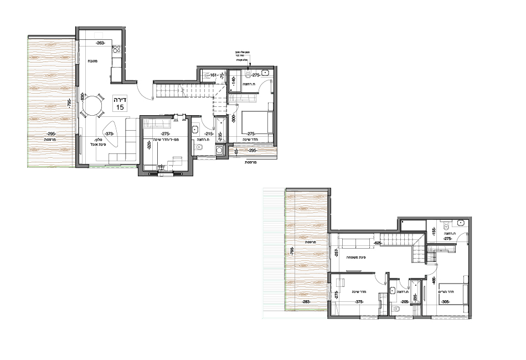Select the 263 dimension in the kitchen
click(100, 43)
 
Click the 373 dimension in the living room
click(109, 133)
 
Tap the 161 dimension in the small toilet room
click(213, 74)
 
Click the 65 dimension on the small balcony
click(236, 151)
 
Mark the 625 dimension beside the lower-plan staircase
click(379, 243)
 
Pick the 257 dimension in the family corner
click(337, 253)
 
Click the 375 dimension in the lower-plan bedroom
click(359, 302)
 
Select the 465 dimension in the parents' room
click(435, 279)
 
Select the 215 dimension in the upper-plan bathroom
click(209, 134)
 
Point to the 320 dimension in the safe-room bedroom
click(148, 145)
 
